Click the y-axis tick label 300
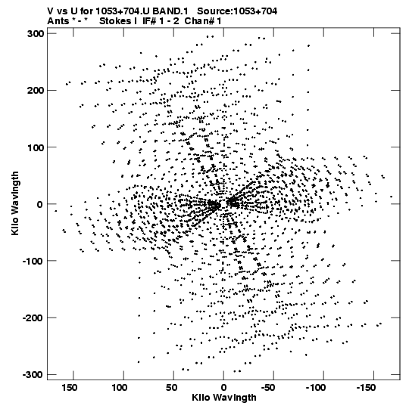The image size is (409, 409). (x=35, y=34)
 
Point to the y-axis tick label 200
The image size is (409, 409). (x=35, y=90)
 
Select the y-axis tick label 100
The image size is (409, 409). (x=35, y=147)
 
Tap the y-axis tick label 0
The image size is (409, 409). (x=39, y=204)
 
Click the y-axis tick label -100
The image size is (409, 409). (x=33, y=261)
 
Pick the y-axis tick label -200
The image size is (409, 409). (x=33, y=318)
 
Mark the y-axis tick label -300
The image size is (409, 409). (x=33, y=374)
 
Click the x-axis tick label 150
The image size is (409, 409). (x=69, y=388)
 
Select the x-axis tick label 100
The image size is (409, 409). (x=120, y=388)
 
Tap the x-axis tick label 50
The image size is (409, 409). (x=171, y=388)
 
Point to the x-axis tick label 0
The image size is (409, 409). (x=223, y=388)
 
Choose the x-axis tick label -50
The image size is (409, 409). (x=268, y=388)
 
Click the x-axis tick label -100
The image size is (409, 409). (x=316, y=388)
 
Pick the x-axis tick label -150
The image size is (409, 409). (x=366, y=388)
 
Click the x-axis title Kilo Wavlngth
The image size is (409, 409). (x=224, y=398)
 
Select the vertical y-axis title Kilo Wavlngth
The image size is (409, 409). (x=15, y=203)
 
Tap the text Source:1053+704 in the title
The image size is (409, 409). (x=237, y=11)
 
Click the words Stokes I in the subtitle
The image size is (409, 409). (x=118, y=21)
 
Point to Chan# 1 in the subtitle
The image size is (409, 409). (x=203, y=21)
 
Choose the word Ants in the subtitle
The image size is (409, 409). (x=58, y=21)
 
